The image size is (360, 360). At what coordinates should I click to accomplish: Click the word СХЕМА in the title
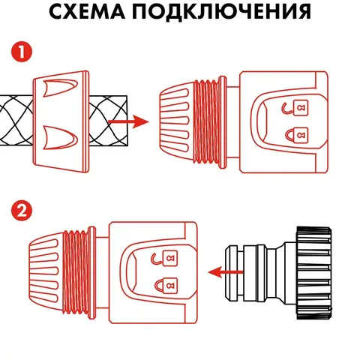point(87,11)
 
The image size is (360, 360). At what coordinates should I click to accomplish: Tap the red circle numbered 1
point(22,52)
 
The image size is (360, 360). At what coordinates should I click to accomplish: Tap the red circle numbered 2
point(22,211)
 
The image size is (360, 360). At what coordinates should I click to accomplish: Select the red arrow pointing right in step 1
point(128,121)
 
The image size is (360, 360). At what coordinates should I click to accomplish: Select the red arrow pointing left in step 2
point(226,272)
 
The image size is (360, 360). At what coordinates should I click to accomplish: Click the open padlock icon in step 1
point(295,108)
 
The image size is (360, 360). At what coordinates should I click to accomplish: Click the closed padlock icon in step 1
point(297,135)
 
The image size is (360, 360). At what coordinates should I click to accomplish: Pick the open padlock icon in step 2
point(165,258)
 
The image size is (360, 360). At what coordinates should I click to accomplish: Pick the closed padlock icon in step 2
point(166,286)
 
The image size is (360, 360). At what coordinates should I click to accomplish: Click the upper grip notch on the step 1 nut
point(60,88)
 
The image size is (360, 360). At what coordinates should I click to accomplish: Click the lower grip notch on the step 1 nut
point(60,138)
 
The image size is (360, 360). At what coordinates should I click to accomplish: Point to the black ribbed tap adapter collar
point(314,273)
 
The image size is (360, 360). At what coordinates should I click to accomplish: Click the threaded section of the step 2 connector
point(76,272)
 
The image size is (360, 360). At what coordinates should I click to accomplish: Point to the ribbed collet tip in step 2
point(46,272)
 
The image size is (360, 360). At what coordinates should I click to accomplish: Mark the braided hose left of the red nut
point(16,121)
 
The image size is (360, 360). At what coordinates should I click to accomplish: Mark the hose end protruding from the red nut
point(108,121)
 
